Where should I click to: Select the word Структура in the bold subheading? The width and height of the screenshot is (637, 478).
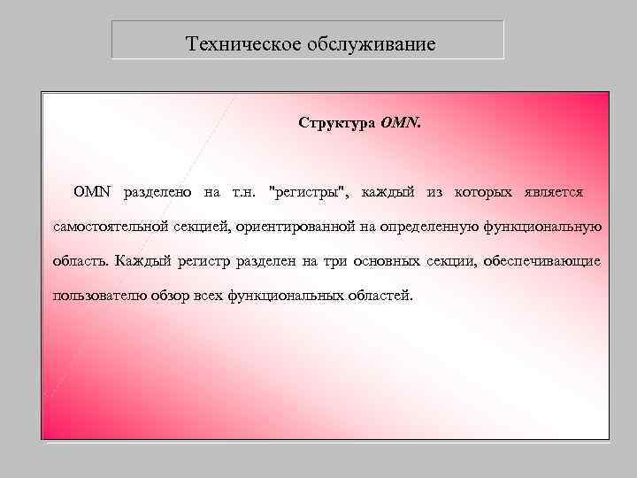(x=336, y=122)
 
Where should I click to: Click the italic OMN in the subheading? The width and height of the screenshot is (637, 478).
(x=401, y=122)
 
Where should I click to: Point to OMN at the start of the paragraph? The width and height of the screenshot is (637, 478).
(x=94, y=191)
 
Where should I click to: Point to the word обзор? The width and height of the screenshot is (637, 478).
(x=173, y=296)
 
